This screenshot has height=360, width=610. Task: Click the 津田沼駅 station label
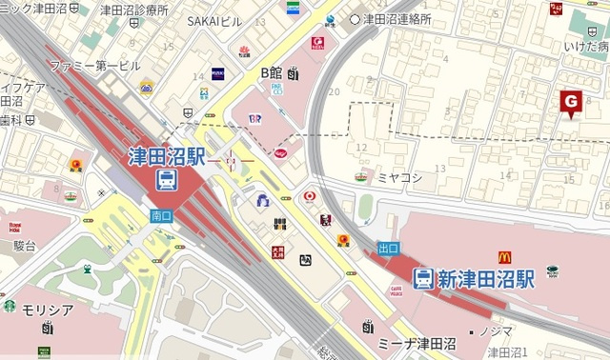pos(167,155)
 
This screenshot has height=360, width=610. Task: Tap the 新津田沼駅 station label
pos(486,278)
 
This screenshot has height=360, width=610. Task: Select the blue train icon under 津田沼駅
pos(167,179)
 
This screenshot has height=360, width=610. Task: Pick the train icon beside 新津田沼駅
pos(423,278)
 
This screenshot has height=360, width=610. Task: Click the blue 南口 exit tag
pos(161,216)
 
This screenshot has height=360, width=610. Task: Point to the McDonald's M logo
pos(504,256)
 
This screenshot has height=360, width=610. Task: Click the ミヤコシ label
pos(394,177)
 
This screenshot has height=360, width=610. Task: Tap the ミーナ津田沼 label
pos(417,341)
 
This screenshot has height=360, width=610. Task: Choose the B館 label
pos(272,71)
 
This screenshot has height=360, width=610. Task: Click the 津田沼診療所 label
pos(133,10)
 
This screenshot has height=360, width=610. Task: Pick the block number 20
pos(334,91)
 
